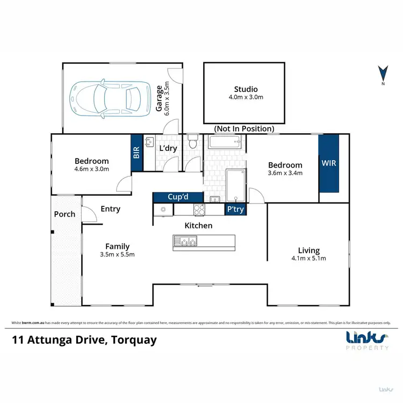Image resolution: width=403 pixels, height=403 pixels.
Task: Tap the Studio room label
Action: click(246, 89)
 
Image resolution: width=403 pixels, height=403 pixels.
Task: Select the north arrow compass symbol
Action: click(383, 75)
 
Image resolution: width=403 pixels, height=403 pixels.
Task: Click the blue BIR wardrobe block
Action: click(136, 153)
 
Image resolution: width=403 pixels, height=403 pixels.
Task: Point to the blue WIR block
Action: click(329, 163)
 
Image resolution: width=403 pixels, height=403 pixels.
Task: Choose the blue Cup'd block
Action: click(178, 197)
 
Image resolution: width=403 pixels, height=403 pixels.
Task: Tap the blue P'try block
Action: click(235, 210)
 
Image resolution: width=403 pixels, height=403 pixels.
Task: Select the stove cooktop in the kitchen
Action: click(199, 210)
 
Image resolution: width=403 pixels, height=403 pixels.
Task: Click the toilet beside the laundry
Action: click(193, 143)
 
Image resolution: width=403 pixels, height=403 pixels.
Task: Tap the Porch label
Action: click(64, 214)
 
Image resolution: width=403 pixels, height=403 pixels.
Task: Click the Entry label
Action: click(110, 209)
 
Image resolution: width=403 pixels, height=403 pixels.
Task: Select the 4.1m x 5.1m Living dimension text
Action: click(308, 258)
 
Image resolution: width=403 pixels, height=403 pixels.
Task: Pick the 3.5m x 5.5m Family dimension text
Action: click(117, 255)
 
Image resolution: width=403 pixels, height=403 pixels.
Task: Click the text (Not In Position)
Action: click(244, 129)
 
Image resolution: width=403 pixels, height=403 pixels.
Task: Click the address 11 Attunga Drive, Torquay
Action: click(84, 340)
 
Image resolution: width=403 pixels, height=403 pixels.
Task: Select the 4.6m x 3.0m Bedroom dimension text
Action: click(91, 169)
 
